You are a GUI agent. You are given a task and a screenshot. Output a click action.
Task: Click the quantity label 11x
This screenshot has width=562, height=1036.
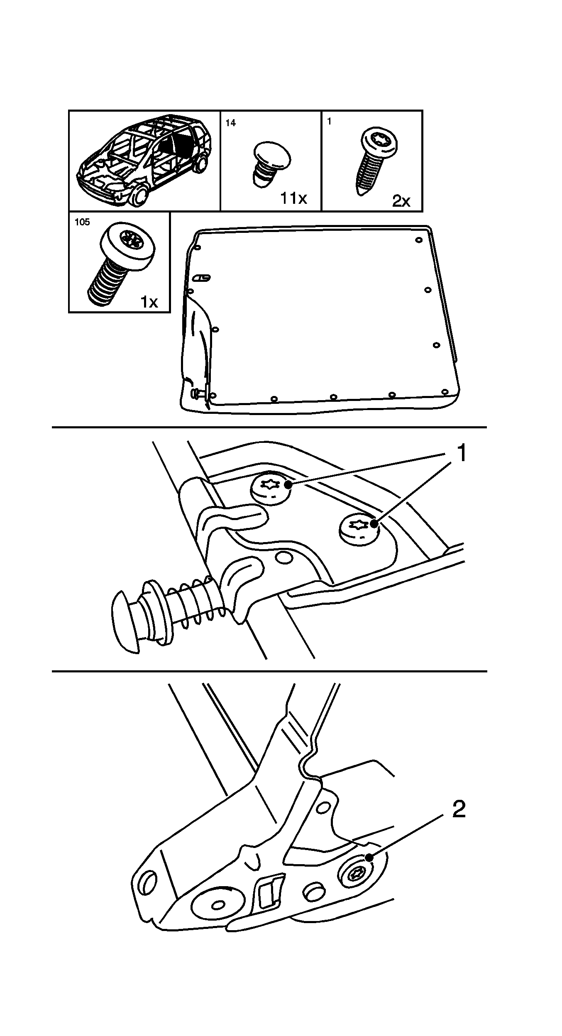click(x=293, y=198)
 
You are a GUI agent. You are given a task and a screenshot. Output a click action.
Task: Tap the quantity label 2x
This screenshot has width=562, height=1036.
click(x=401, y=201)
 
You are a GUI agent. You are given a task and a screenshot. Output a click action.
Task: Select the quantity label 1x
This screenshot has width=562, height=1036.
click(x=149, y=302)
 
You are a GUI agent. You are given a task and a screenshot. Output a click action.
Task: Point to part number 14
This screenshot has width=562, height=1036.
click(x=230, y=123)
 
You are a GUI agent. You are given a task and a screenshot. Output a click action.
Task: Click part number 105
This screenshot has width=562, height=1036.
click(x=82, y=222)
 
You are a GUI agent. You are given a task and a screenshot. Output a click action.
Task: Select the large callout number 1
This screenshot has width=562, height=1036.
click(x=461, y=454)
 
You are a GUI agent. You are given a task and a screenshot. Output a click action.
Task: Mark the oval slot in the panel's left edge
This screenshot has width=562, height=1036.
click(x=202, y=278)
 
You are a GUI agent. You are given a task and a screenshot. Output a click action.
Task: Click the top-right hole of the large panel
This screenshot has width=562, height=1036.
click(x=419, y=239)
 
